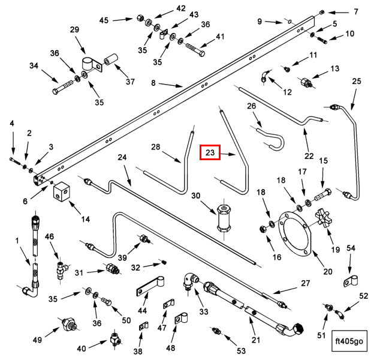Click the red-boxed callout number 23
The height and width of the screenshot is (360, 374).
[x=210, y=153]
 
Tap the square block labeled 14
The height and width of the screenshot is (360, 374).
[x=62, y=194]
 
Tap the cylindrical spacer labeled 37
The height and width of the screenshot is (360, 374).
[x=111, y=62]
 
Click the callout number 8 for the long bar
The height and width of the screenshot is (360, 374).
[x=153, y=83]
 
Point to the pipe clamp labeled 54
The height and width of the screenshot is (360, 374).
[x=351, y=280]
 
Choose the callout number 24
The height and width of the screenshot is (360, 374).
[x=122, y=158]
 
